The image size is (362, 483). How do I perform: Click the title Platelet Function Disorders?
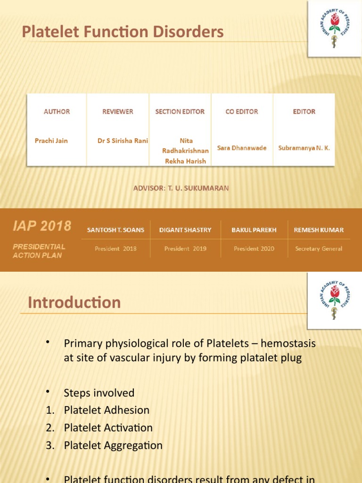pos(123,33)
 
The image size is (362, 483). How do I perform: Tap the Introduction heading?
pos(74,302)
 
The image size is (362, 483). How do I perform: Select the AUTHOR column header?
pos(57,112)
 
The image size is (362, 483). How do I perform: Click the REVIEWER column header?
pos(118,112)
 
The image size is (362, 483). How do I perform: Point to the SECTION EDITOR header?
pos(180,112)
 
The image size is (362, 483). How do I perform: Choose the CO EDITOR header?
pos(242,112)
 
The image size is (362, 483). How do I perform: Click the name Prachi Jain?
pos(51,141)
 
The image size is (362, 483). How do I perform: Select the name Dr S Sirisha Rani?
pos(123,141)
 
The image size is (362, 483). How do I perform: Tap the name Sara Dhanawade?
pos(242,148)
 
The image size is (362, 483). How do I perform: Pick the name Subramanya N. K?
pos(304,148)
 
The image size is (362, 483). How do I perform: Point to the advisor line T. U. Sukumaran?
pos(181,188)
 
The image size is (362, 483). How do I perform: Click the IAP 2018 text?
pos(42,226)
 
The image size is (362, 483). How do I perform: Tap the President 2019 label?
pos(185,249)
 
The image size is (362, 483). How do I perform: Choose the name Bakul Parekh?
pos(254,230)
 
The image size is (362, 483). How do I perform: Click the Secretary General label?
pos(319,249)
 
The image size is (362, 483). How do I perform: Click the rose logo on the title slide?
pos(335,29)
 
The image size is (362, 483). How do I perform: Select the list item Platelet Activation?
pos(108,428)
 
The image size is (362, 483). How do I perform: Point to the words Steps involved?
pos(99,393)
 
